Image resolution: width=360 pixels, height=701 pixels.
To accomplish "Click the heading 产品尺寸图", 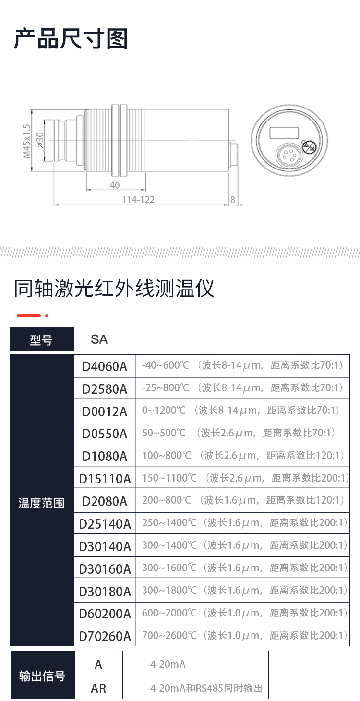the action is pyautogui.click(x=71, y=39).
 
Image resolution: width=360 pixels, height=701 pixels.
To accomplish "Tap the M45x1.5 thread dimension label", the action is pyautogui.click(x=26, y=141).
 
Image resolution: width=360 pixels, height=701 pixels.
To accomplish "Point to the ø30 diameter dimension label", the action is pyautogui.click(x=40, y=140).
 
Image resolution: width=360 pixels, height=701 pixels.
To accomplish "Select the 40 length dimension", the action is pyautogui.click(x=115, y=185).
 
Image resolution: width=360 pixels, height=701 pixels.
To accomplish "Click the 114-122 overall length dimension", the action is pyautogui.click(x=138, y=200).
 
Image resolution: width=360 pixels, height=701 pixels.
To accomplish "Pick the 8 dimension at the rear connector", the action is pyautogui.click(x=233, y=200).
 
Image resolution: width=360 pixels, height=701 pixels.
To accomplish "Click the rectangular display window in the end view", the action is pyautogui.click(x=284, y=133).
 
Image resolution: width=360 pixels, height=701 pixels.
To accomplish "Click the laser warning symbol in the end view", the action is pyautogui.click(x=309, y=146).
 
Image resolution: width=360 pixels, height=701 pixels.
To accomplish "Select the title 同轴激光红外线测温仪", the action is pyautogui.click(x=114, y=288).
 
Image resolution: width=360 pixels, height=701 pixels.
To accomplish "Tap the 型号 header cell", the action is pyautogui.click(x=42, y=339).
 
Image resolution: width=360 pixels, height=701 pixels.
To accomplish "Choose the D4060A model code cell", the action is pyautogui.click(x=105, y=366).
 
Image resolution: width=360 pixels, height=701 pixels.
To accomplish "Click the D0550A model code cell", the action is pyautogui.click(x=105, y=434).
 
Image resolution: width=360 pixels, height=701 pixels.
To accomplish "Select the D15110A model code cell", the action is pyautogui.click(x=105, y=479).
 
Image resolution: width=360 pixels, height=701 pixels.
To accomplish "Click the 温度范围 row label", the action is pyautogui.click(x=42, y=503).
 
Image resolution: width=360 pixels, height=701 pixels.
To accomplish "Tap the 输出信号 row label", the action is pyautogui.click(x=42, y=677).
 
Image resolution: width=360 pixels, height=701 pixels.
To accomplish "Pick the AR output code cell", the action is pyautogui.click(x=98, y=689).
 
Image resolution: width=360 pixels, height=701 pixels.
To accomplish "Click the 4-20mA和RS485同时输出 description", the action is pyautogui.click(x=206, y=688).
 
